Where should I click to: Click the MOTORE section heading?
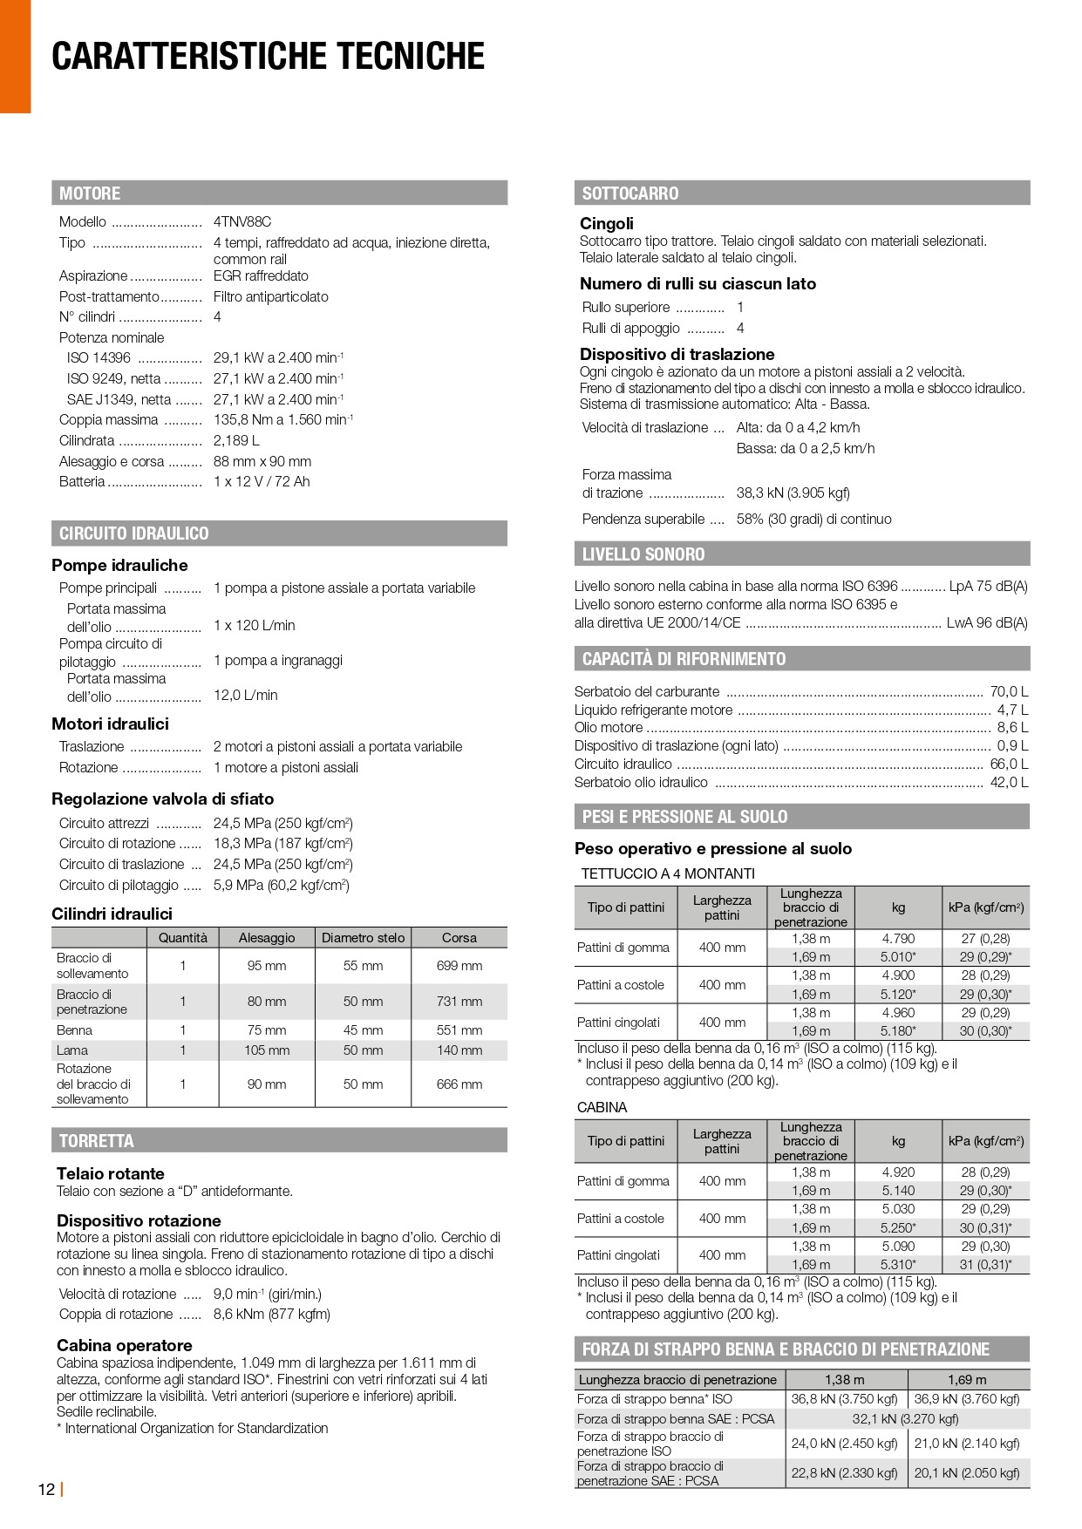(x=90, y=194)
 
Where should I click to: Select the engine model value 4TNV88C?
(x=242, y=222)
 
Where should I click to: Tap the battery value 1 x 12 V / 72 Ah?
(x=262, y=482)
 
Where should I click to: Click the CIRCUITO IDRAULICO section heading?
(x=133, y=533)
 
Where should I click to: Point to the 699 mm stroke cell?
(x=459, y=966)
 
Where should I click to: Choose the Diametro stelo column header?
(x=363, y=938)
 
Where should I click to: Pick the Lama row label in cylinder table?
(x=72, y=1050)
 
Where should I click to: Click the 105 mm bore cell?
(x=267, y=1050)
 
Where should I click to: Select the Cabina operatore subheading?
(x=125, y=1345)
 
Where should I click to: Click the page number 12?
(x=46, y=1489)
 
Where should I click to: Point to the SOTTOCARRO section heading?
(x=629, y=194)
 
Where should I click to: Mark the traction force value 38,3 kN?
(x=793, y=493)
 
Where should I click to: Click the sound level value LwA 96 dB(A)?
(x=987, y=623)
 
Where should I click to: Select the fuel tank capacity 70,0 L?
(x=1009, y=692)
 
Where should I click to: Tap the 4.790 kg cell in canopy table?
(x=898, y=939)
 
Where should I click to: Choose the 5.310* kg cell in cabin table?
(x=898, y=1265)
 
